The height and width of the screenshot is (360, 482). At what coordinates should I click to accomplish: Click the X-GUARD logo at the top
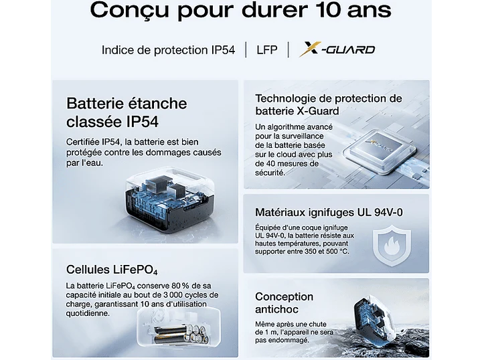[337, 50]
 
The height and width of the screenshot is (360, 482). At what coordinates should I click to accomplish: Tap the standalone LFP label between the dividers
[267, 50]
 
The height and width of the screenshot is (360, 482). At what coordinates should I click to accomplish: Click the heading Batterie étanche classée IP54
[127, 112]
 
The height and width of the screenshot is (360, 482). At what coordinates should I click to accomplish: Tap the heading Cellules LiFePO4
[112, 270]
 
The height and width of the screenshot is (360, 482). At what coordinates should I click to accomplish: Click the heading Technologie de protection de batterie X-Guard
[329, 104]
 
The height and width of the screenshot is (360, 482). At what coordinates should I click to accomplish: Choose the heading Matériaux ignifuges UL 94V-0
[329, 212]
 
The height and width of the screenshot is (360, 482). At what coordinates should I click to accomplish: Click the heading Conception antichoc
[285, 303]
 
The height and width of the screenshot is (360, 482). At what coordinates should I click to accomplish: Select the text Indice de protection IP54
[168, 50]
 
